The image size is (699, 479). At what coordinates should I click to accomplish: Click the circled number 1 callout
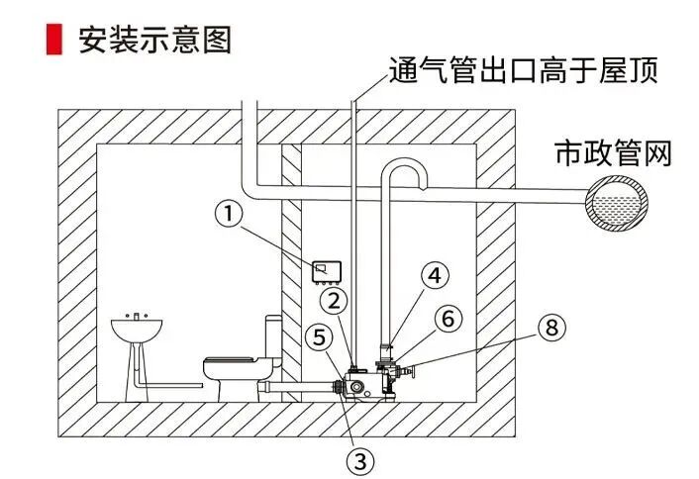[x=229, y=214]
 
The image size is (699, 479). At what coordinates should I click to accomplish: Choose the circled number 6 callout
[x=449, y=319]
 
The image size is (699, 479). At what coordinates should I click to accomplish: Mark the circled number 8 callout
[x=551, y=328]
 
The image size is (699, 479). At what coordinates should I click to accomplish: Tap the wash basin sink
[x=135, y=328]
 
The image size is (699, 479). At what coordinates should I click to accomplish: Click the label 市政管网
[x=613, y=153]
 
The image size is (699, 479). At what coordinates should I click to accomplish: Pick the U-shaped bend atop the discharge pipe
[x=406, y=170]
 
